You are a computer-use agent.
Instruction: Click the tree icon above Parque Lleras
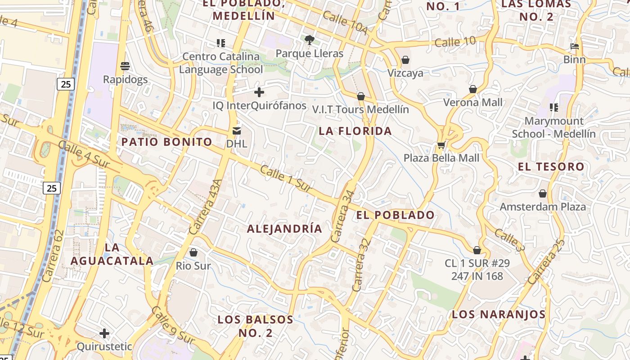tap(309, 40)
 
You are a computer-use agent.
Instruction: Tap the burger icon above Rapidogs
tap(125, 66)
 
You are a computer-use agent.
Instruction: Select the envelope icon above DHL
tap(237, 131)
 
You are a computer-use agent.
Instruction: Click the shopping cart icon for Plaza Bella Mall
tap(441, 145)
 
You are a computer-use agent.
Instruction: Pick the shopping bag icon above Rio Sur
tap(193, 252)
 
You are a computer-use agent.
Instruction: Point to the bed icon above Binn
tap(574, 46)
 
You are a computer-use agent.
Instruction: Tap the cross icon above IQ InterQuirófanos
tap(259, 92)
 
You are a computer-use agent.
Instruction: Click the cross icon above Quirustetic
tap(104, 333)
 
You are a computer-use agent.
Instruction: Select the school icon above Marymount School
tap(554, 108)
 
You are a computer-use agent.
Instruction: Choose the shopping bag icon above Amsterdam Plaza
tap(543, 193)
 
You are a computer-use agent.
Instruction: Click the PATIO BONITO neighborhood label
tap(166, 142)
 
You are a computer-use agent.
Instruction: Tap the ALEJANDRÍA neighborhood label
tap(284, 229)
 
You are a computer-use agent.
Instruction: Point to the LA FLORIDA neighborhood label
tap(355, 131)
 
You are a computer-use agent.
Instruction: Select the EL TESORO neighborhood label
tap(551, 167)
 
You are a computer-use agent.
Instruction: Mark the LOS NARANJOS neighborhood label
tap(499, 315)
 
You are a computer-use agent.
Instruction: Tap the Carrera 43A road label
tap(206, 207)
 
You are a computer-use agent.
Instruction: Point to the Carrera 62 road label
tap(53, 256)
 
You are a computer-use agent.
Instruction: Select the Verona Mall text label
tap(472, 102)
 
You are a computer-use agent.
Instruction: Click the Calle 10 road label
tap(455, 42)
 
